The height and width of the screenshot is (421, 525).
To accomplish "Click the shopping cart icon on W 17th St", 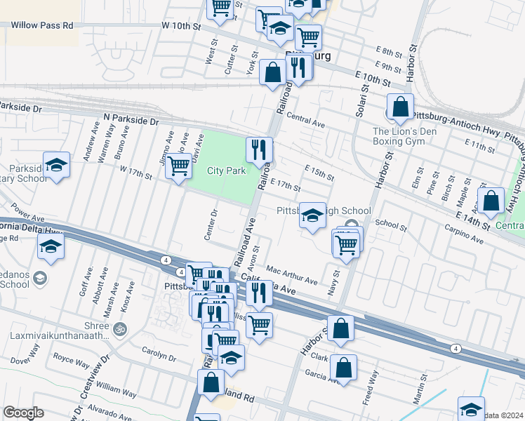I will pos(179,166).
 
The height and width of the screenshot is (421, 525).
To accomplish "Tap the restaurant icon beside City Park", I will pos(258,149).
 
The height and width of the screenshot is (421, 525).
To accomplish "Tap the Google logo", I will pos(23,413).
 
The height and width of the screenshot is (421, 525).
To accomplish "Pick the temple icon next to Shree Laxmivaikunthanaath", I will pos(119,328).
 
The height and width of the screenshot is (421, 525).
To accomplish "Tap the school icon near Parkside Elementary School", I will pos(56,165).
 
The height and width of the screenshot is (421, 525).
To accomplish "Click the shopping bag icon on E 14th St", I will pos(491,200).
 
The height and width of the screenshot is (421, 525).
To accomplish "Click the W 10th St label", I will pos(181,25).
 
